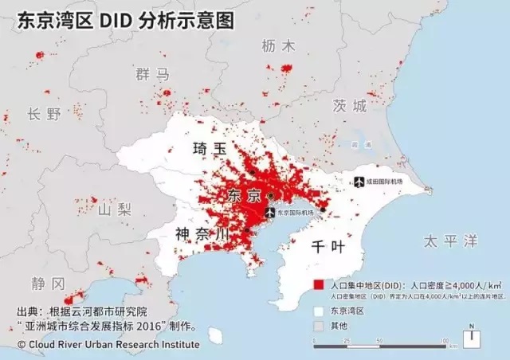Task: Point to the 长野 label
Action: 44,114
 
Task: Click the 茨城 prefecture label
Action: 350,106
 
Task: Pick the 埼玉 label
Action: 210,149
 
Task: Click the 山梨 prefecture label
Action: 114,210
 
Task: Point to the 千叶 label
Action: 328,246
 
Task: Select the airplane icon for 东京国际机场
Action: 269,213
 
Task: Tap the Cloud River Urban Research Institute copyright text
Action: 108,344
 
